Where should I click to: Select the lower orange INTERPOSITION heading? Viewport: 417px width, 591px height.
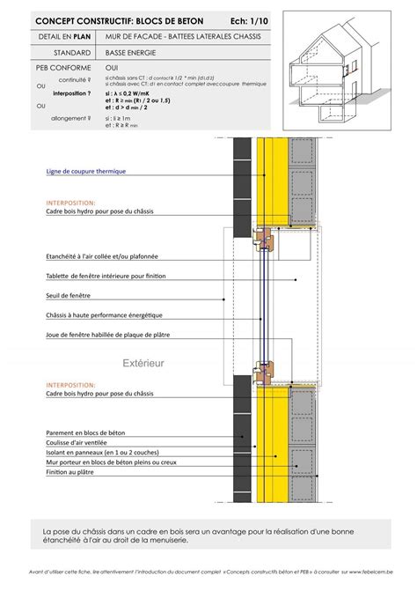(x=69, y=385)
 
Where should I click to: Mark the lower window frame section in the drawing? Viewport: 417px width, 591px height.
(x=262, y=373)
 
